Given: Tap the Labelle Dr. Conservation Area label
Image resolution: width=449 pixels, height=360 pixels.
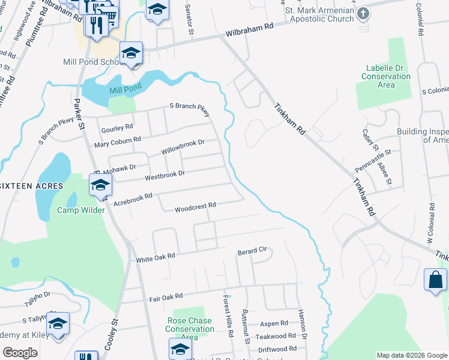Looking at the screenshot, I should pyautogui.click(x=386, y=76).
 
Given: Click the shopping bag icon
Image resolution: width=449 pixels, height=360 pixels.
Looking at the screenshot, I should pyautogui.click(x=435, y=280).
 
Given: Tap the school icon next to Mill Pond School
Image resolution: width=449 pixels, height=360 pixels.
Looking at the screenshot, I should pyautogui.click(x=130, y=55).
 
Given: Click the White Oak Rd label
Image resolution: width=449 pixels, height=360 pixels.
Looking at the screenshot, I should pyautogui.click(x=155, y=256).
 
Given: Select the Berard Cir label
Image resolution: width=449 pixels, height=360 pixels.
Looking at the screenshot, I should pyautogui.click(x=252, y=250).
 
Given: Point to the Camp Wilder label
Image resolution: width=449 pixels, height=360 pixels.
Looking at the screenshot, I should pyautogui.click(x=80, y=210).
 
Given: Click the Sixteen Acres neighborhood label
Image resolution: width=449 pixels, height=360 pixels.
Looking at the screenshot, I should pyautogui.click(x=31, y=186).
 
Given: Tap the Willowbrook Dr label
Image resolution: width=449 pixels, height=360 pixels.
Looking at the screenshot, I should pyautogui.click(x=182, y=147).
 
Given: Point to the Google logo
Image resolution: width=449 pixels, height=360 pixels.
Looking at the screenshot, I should pyautogui.click(x=20, y=353).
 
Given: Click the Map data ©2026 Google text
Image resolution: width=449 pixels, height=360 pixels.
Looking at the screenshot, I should pyautogui.click(x=411, y=355).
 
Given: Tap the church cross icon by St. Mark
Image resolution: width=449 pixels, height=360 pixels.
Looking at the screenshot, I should pyautogui.click(x=363, y=14).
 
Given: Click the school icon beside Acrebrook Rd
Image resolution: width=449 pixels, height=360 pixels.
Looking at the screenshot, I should pyautogui.click(x=100, y=186).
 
